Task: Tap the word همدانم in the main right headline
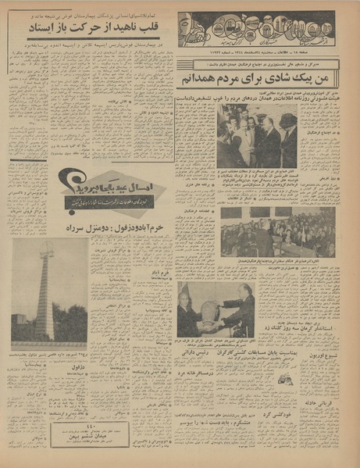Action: coord(199,78)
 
